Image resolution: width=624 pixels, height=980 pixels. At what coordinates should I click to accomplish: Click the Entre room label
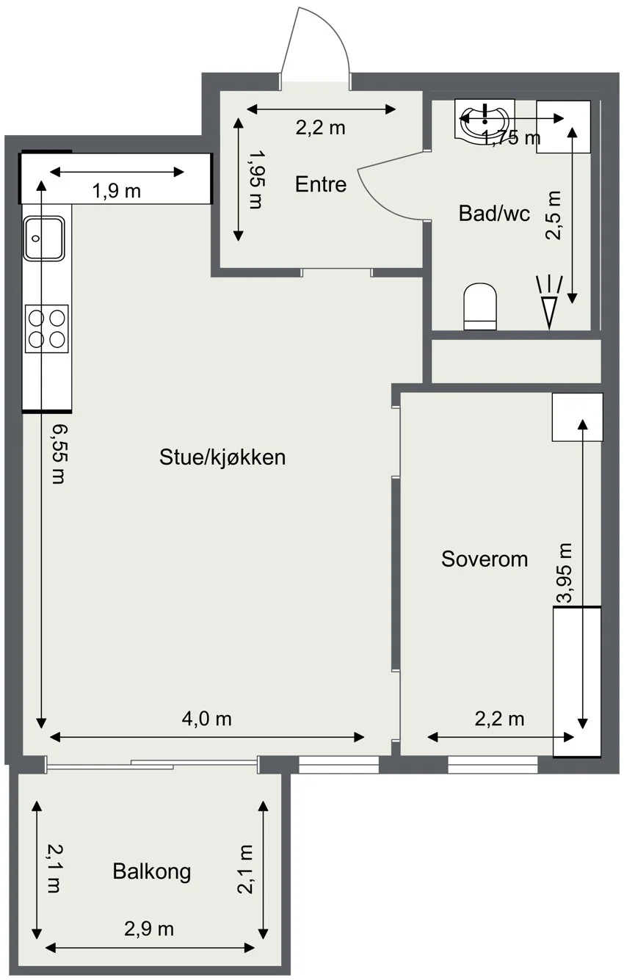321,184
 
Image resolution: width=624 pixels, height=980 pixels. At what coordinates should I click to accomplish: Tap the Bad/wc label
494,214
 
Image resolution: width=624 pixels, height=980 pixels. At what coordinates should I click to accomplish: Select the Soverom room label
485,559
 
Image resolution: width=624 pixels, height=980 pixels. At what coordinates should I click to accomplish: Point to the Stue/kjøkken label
222,457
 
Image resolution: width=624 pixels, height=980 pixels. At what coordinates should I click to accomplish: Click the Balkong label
152,871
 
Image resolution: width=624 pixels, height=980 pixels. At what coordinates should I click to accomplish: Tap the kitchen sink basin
44,238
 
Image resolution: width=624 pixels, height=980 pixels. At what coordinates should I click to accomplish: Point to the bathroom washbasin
484,119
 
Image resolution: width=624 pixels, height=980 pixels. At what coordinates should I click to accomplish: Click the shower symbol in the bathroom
549,302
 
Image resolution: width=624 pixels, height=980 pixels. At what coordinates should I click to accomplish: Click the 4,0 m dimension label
206,719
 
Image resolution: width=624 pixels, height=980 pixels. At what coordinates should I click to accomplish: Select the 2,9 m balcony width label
149,929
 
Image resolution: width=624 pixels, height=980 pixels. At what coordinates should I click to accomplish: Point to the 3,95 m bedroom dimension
564,573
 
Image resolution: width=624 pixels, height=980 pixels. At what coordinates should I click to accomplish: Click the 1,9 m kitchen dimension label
117,191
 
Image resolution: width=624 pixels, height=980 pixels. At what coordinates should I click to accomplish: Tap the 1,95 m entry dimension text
256,179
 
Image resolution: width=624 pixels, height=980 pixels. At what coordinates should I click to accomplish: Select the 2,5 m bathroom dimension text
553,215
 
